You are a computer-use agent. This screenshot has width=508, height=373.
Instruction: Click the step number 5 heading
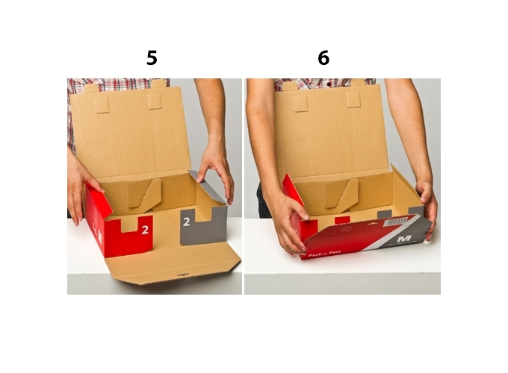click(152, 58)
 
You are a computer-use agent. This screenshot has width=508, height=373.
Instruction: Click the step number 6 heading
click(323, 58)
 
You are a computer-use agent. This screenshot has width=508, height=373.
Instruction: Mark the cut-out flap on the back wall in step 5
click(143, 193)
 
